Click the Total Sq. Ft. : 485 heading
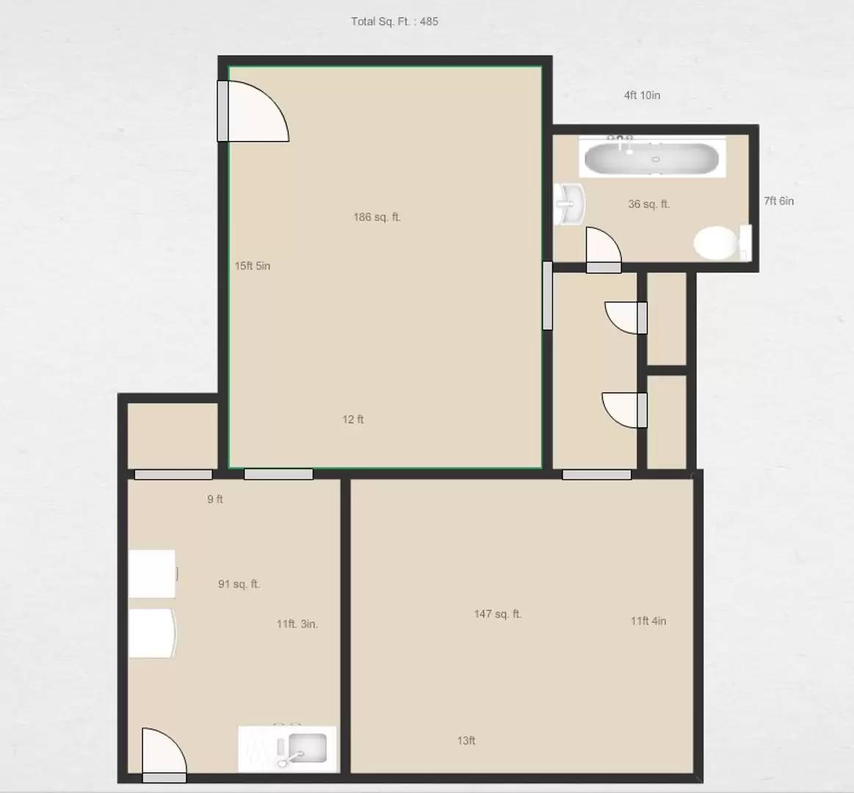click(394, 21)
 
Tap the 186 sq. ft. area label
click(377, 217)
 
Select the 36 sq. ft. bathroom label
click(648, 204)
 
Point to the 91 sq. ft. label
click(239, 584)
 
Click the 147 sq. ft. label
click(497, 614)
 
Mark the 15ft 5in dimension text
click(252, 266)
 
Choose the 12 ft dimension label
click(352, 419)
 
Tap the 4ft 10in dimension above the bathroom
click(642, 95)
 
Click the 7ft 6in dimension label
click(778, 201)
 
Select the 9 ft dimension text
click(214, 499)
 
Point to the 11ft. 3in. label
click(297, 624)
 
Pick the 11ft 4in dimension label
click(648, 621)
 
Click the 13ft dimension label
click(466, 741)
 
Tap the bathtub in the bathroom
click(651, 158)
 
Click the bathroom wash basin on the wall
click(570, 203)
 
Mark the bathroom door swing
click(602, 247)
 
